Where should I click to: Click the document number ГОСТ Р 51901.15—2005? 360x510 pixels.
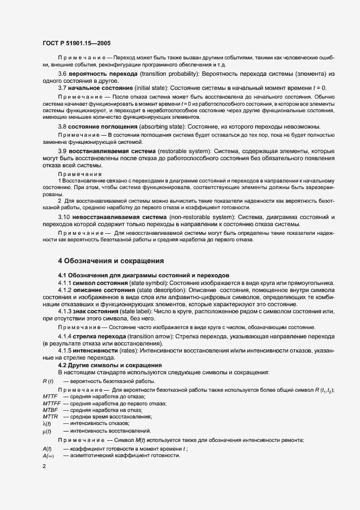(x=77, y=42)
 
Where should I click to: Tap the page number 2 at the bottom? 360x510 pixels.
(x=44, y=466)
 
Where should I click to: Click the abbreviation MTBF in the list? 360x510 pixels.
(x=50, y=410)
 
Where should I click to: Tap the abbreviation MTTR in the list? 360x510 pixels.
(x=50, y=416)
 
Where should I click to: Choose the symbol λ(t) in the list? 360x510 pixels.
(x=47, y=423)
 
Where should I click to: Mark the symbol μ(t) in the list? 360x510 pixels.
(x=47, y=430)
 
